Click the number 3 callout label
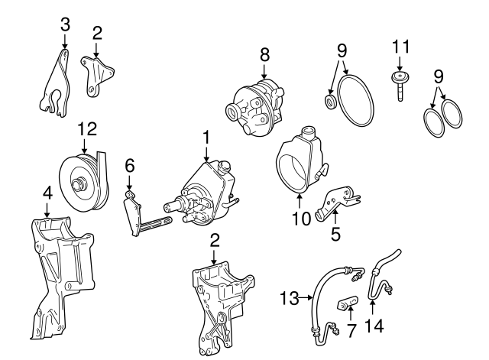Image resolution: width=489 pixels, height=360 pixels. coord(66,24)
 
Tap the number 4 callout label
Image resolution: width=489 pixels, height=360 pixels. coord(47,193)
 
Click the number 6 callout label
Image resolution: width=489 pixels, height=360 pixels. coord(129,164)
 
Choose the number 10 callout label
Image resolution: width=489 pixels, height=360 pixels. coord(301,219)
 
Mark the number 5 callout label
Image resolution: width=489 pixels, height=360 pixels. coord(335,235)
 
